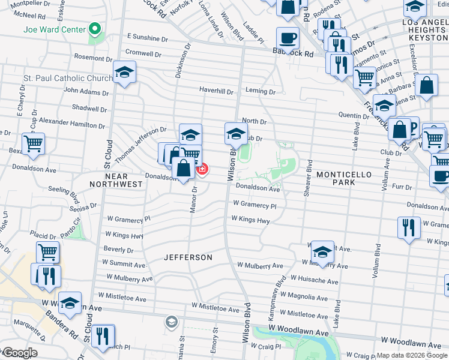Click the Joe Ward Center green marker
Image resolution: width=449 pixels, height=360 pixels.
94,29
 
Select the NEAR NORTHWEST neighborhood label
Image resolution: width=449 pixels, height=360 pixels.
116,180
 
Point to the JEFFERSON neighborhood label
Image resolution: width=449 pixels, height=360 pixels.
188,257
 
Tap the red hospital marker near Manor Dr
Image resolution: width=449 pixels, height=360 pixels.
202,169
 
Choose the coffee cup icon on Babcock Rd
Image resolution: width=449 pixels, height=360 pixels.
288,38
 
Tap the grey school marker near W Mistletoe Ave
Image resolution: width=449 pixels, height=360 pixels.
172,322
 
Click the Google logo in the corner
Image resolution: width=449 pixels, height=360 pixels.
20,353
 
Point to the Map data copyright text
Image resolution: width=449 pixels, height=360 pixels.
412,355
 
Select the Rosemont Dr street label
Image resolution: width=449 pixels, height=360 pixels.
94,57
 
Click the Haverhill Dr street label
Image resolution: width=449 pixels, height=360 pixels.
217,91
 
